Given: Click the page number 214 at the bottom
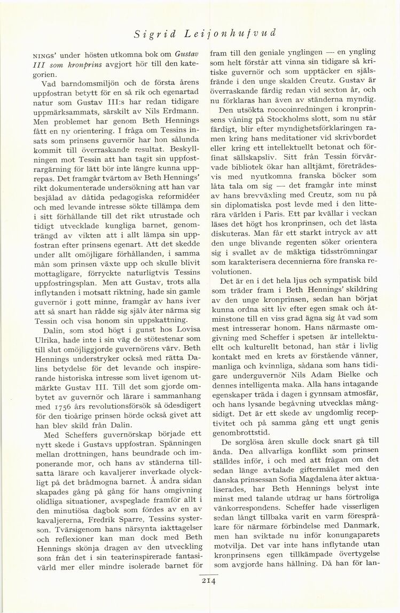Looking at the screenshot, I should coord(208,583).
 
